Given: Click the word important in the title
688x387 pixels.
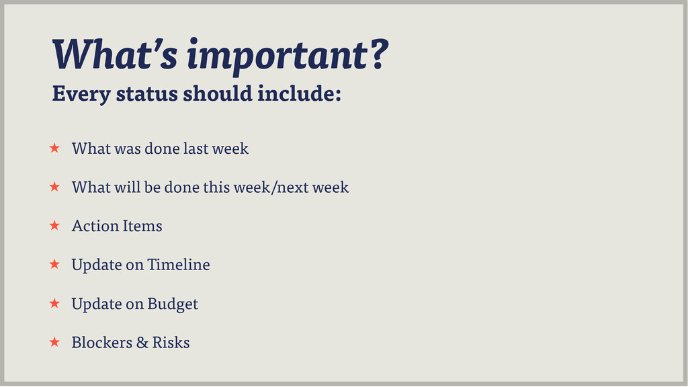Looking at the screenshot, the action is pyautogui.click(x=277, y=56).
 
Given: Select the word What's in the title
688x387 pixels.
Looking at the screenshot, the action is pyautogui.click(x=115, y=54).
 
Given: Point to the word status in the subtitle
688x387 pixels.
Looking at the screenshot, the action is pyautogui.click(x=146, y=93).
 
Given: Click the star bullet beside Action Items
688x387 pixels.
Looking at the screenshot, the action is pyautogui.click(x=54, y=225).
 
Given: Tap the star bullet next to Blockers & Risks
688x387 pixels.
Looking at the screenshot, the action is pyautogui.click(x=54, y=341).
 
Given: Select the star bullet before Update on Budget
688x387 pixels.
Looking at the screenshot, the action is pyautogui.click(x=54, y=303).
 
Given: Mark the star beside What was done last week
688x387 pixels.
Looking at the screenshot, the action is pyautogui.click(x=54, y=148).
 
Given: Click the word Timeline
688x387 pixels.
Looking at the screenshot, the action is pyautogui.click(x=179, y=264).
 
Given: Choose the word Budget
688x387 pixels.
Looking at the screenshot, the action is pyautogui.click(x=173, y=304).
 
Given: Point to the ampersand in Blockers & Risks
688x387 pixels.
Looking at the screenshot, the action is pyautogui.click(x=142, y=342).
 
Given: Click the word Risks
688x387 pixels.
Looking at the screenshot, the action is pyautogui.click(x=171, y=342).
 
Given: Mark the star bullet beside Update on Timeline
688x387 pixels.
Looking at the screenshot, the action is pyautogui.click(x=54, y=263).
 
